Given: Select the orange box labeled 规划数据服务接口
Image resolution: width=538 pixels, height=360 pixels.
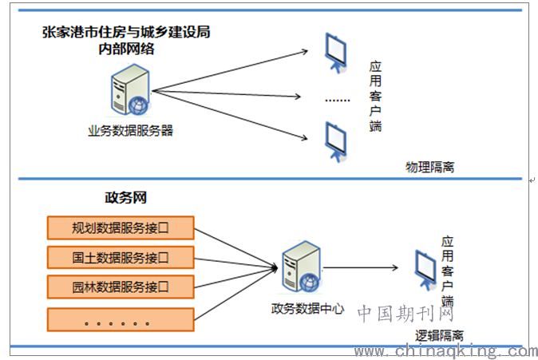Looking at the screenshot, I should (x=121, y=227).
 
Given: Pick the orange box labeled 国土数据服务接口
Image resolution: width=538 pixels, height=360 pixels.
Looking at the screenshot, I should (x=121, y=257).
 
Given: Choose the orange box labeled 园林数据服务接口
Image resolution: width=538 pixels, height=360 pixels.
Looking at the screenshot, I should (x=121, y=286).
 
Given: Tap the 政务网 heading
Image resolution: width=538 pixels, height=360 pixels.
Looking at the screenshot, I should (x=126, y=197).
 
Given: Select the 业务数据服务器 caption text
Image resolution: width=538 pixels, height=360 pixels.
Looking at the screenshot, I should (x=130, y=130).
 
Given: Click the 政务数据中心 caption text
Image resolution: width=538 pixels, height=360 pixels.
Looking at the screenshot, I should (x=307, y=307).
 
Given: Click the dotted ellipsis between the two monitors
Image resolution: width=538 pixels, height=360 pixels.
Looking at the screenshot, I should (x=338, y=100).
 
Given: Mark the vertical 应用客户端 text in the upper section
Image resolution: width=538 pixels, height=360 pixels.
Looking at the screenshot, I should (x=376, y=96).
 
